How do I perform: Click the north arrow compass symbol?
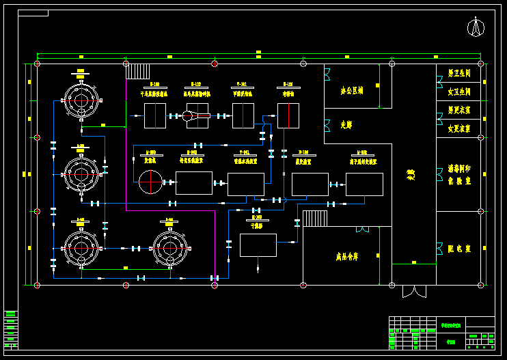click(x=476, y=27)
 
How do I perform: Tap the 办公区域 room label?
click(x=351, y=90)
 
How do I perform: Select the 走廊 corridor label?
click(x=346, y=125)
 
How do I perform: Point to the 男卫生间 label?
click(x=458, y=72)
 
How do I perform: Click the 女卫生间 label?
click(x=458, y=91)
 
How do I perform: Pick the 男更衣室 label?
click(x=458, y=109)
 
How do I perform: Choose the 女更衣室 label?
click(x=458, y=128)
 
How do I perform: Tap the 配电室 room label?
click(x=458, y=249)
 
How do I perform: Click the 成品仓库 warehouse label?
click(x=346, y=258)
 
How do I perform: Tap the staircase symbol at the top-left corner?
click(x=138, y=71)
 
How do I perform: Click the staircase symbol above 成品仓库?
click(x=315, y=219)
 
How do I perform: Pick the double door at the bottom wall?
click(x=414, y=292)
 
